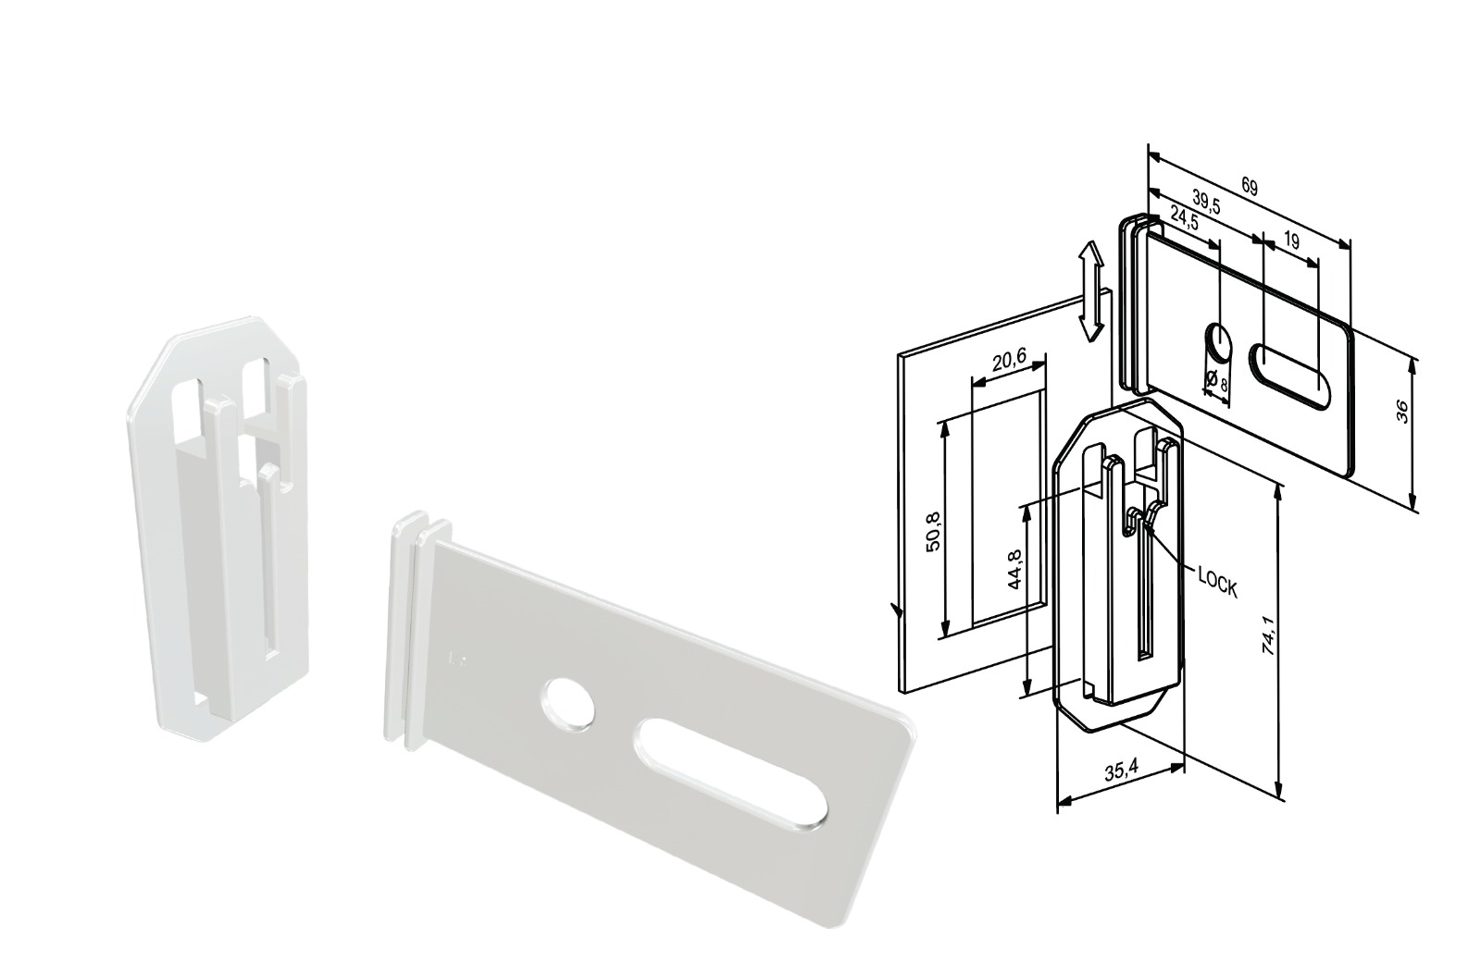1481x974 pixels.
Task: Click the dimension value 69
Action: click(x=1249, y=187)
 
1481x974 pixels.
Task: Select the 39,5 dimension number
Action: click(x=1207, y=203)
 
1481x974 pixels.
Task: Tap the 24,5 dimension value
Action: click(x=1184, y=218)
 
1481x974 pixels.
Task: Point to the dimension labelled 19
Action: click(x=1290, y=241)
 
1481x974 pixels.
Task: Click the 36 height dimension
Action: click(x=1400, y=412)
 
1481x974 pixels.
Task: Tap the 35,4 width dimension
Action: click(x=1115, y=771)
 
